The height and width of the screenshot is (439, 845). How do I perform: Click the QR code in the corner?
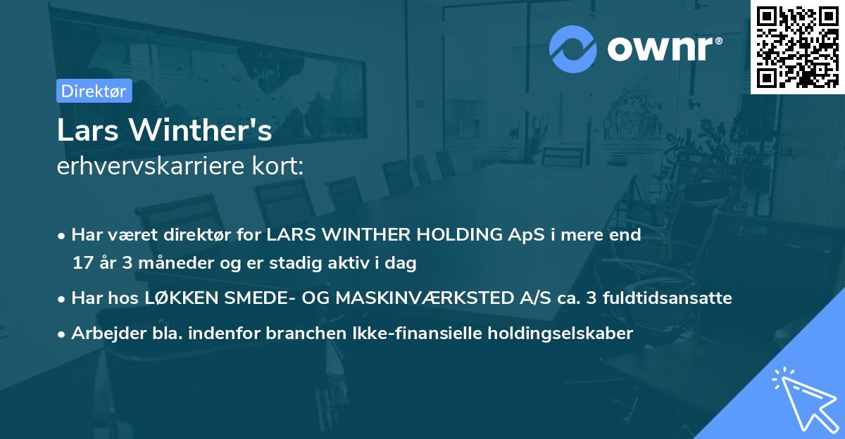[x=798, y=46]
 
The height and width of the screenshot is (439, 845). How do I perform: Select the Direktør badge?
[x=94, y=91]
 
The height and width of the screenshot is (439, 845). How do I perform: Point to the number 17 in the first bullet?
[x=82, y=264]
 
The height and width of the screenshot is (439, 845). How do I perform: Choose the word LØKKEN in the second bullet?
[x=179, y=298]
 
